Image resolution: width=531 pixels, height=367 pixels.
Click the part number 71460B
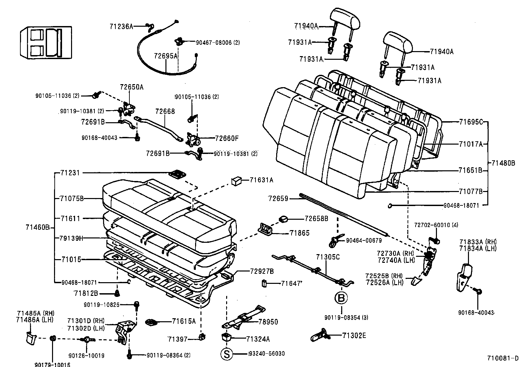pyautogui.click(x=37, y=228)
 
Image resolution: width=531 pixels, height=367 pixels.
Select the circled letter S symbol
pyautogui.click(x=226, y=354)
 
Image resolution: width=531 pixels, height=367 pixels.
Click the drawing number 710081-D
pyautogui.click(x=503, y=359)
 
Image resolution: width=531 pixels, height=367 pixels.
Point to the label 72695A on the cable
pyautogui.click(x=166, y=56)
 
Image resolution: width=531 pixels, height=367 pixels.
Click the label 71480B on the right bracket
pyautogui.click(x=503, y=163)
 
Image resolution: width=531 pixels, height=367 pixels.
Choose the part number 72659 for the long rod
pyautogui.click(x=278, y=199)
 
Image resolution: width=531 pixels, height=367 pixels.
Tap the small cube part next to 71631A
pyautogui.click(x=236, y=181)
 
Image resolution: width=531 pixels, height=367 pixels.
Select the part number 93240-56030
pyautogui.click(x=267, y=354)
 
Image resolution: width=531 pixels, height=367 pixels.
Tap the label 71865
pyautogui.click(x=300, y=233)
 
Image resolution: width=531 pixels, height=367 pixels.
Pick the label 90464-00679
pyautogui.click(x=364, y=240)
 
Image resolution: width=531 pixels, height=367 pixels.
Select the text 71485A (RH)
pyautogui.click(x=36, y=313)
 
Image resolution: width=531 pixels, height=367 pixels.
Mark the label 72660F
pyautogui.click(x=227, y=138)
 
